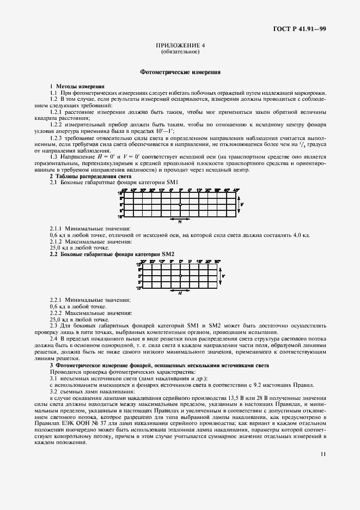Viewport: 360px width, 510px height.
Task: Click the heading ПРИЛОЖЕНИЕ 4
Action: [180, 46]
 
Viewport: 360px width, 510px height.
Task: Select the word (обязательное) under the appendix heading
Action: [180, 52]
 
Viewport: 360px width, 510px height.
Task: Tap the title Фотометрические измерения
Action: [180, 71]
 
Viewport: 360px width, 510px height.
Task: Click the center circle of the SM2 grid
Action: [180, 276]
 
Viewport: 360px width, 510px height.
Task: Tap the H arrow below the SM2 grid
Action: [180, 292]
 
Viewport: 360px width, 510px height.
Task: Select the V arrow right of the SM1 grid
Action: [243, 204]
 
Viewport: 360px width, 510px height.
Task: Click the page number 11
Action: [324, 467]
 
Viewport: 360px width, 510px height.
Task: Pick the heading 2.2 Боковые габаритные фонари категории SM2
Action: [112, 254]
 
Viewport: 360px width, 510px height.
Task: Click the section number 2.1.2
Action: [57, 241]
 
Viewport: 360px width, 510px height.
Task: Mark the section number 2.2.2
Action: [57, 313]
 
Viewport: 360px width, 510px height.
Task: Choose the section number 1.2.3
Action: [57, 138]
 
